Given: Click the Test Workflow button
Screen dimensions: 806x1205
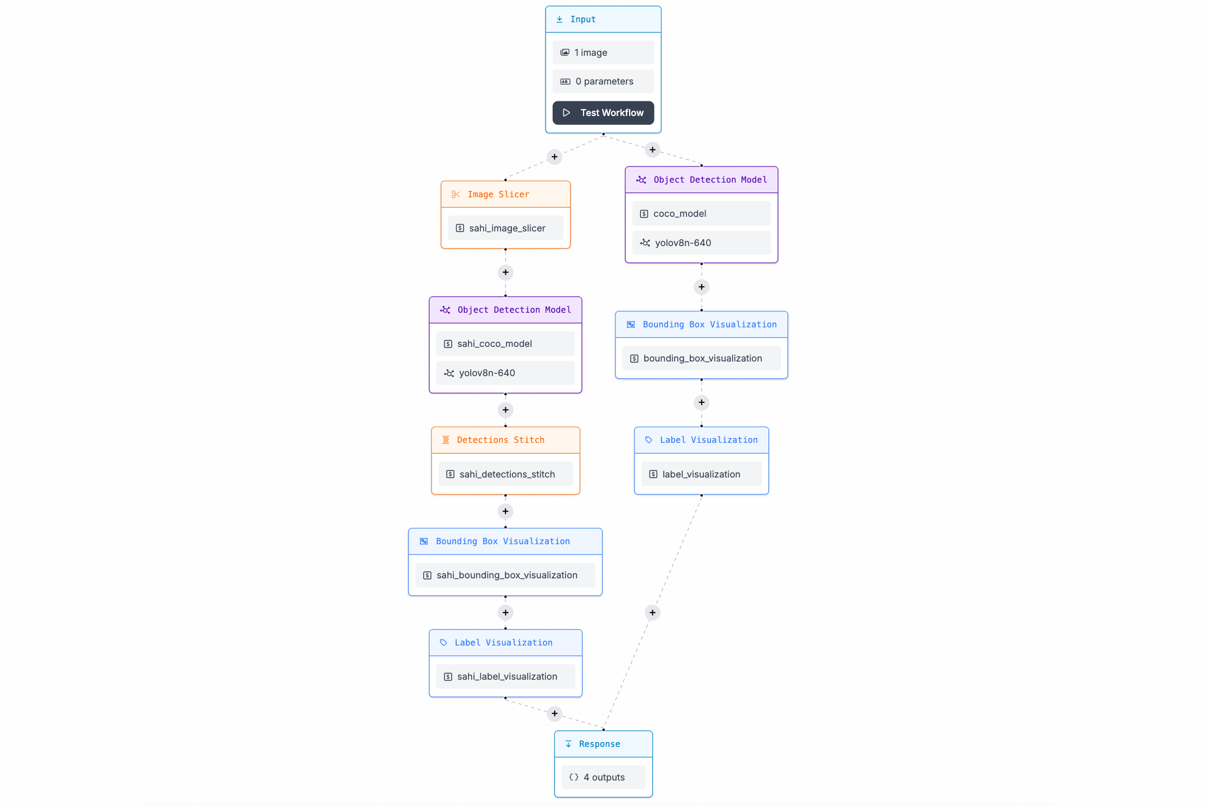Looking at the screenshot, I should (x=603, y=113).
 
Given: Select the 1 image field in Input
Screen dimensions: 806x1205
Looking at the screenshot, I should (x=603, y=53).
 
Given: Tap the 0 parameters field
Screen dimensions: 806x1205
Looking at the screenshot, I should (x=603, y=81).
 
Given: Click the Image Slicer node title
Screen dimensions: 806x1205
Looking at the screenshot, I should (x=498, y=194).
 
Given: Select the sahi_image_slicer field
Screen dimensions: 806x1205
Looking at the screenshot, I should (x=505, y=228).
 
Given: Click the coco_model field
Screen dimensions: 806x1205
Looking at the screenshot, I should (x=701, y=214).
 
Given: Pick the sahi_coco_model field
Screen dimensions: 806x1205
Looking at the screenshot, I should (x=505, y=344).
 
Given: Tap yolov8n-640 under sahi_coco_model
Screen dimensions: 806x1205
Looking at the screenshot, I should (x=505, y=373).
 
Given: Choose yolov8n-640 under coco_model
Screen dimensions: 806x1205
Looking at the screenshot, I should (x=701, y=243).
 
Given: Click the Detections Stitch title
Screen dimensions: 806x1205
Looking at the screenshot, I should (x=501, y=440).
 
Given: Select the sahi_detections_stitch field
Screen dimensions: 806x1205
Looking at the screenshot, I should (x=505, y=474).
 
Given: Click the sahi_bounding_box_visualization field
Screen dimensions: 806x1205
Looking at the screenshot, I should (x=505, y=575).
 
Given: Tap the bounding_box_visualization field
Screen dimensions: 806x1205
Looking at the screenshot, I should (x=701, y=358).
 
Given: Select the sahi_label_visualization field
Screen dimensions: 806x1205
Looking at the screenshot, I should (x=505, y=676).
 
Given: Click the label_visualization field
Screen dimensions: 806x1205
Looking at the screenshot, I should (x=701, y=474).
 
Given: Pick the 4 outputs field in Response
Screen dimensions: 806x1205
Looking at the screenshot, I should (x=603, y=777).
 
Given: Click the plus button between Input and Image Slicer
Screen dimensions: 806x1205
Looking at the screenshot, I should (x=554, y=157).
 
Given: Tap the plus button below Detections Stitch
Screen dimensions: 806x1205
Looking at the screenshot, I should (x=505, y=511).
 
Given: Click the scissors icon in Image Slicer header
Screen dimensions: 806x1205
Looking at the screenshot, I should (x=456, y=194).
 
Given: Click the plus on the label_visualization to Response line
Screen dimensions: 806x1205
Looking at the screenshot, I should (x=652, y=612).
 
